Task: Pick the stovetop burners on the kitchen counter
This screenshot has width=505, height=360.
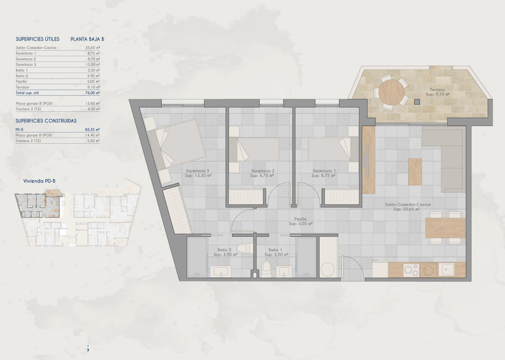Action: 411,270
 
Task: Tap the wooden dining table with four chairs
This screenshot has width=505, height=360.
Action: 446,228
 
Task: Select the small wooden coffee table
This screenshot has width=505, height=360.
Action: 415,171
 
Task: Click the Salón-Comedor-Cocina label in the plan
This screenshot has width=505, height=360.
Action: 407,207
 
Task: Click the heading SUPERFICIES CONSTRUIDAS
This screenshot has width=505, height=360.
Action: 46,121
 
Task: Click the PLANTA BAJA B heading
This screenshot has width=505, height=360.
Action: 87,39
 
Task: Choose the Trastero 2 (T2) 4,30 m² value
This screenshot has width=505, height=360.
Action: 94,109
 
